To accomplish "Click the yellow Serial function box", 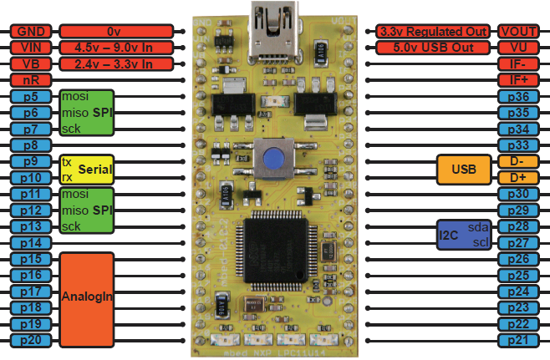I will tap(86, 170).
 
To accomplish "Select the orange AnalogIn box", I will tap(86, 299).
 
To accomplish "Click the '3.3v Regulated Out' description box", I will tap(432, 31).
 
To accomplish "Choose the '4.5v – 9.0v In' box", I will tap(115, 48).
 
